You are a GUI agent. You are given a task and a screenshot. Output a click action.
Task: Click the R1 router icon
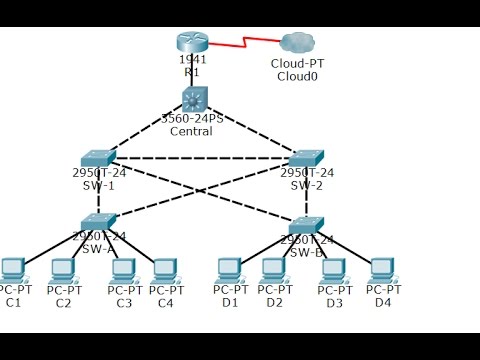click(x=193, y=42)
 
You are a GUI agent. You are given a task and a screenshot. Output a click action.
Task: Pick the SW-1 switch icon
click(x=98, y=157)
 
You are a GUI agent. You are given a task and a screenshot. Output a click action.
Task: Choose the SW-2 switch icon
click(x=306, y=157)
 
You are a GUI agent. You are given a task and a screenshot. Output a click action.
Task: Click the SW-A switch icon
click(x=98, y=220)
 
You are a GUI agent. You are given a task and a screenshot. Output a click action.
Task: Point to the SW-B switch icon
click(x=306, y=224)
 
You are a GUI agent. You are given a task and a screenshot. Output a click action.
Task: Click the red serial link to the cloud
click(x=245, y=45)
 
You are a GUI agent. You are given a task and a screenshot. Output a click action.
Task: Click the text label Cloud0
click(x=296, y=76)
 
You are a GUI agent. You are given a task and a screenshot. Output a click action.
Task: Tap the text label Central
click(x=193, y=130)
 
